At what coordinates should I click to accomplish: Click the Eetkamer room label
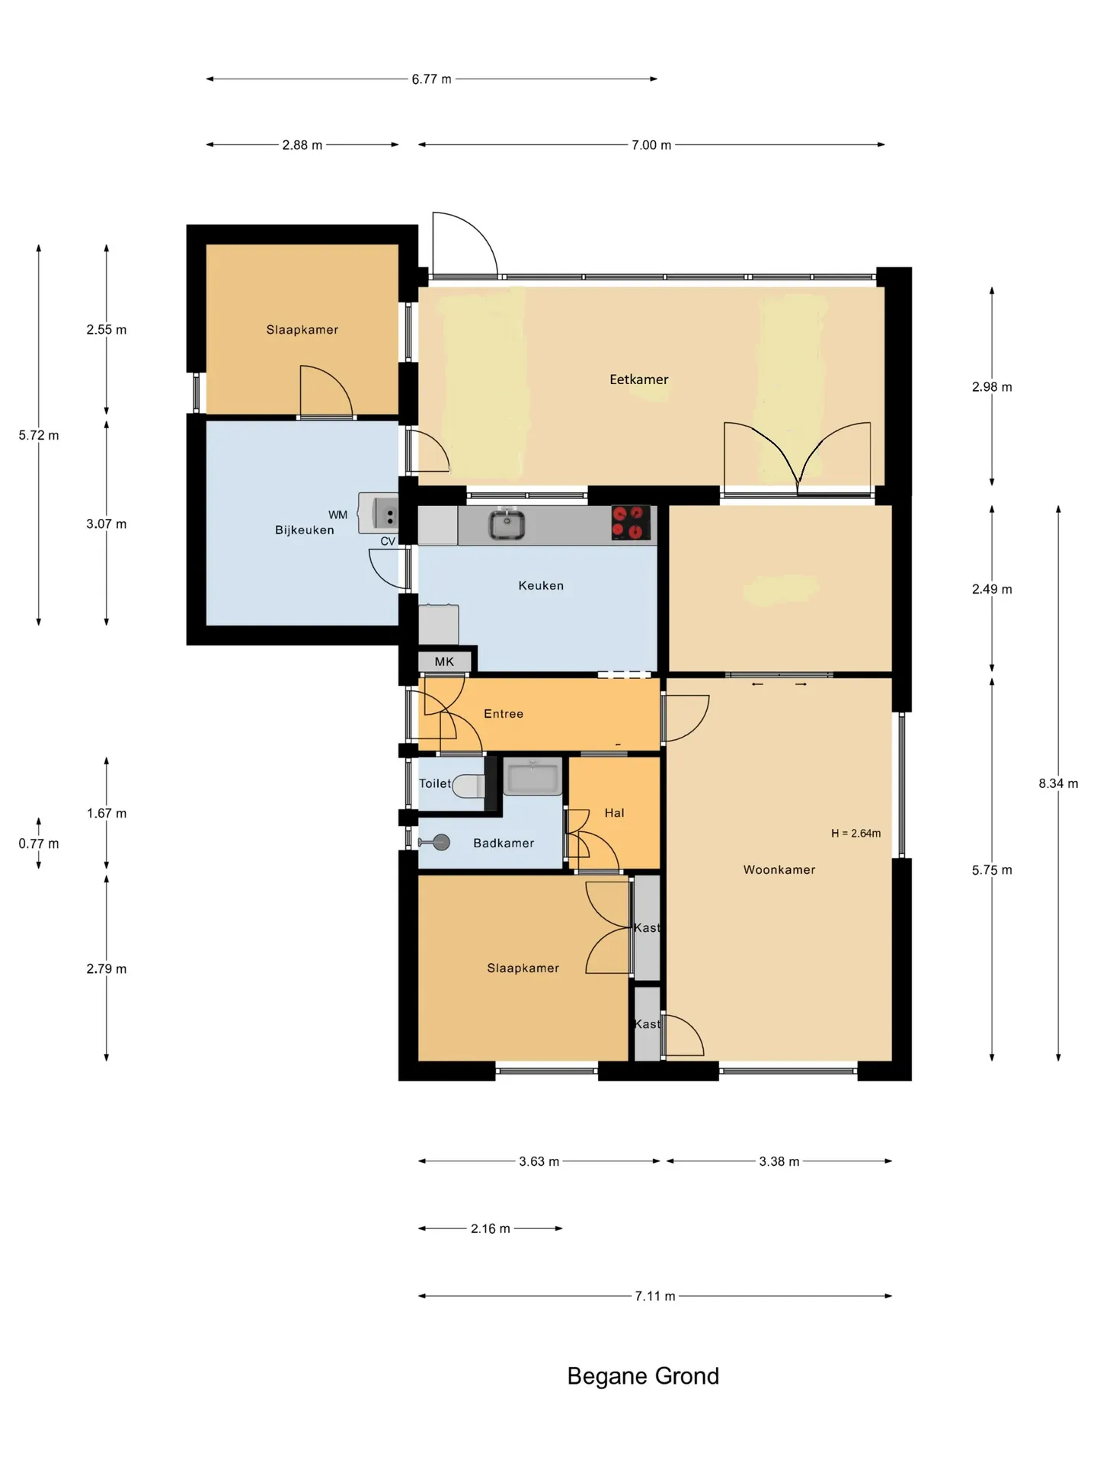(638, 379)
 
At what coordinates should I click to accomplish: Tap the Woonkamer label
(779, 869)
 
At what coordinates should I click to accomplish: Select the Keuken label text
(541, 585)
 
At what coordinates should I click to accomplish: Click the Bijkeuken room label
(305, 530)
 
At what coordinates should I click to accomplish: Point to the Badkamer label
(504, 843)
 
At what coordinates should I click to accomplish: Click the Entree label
(504, 713)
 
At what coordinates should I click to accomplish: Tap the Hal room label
(614, 813)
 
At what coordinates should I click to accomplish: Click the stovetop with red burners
(632, 523)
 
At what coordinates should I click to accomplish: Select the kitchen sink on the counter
(507, 523)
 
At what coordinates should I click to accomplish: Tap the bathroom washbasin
(533, 776)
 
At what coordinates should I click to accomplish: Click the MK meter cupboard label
(444, 661)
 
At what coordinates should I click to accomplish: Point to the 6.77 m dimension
(431, 79)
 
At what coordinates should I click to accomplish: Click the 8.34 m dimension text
(1058, 783)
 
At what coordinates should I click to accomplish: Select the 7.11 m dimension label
(655, 1296)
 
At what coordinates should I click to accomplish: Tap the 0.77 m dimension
(39, 844)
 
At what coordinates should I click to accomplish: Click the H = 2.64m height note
(856, 834)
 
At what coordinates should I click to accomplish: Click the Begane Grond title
(643, 1376)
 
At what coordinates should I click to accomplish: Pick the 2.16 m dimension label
(491, 1228)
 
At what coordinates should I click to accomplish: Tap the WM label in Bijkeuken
(337, 515)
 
